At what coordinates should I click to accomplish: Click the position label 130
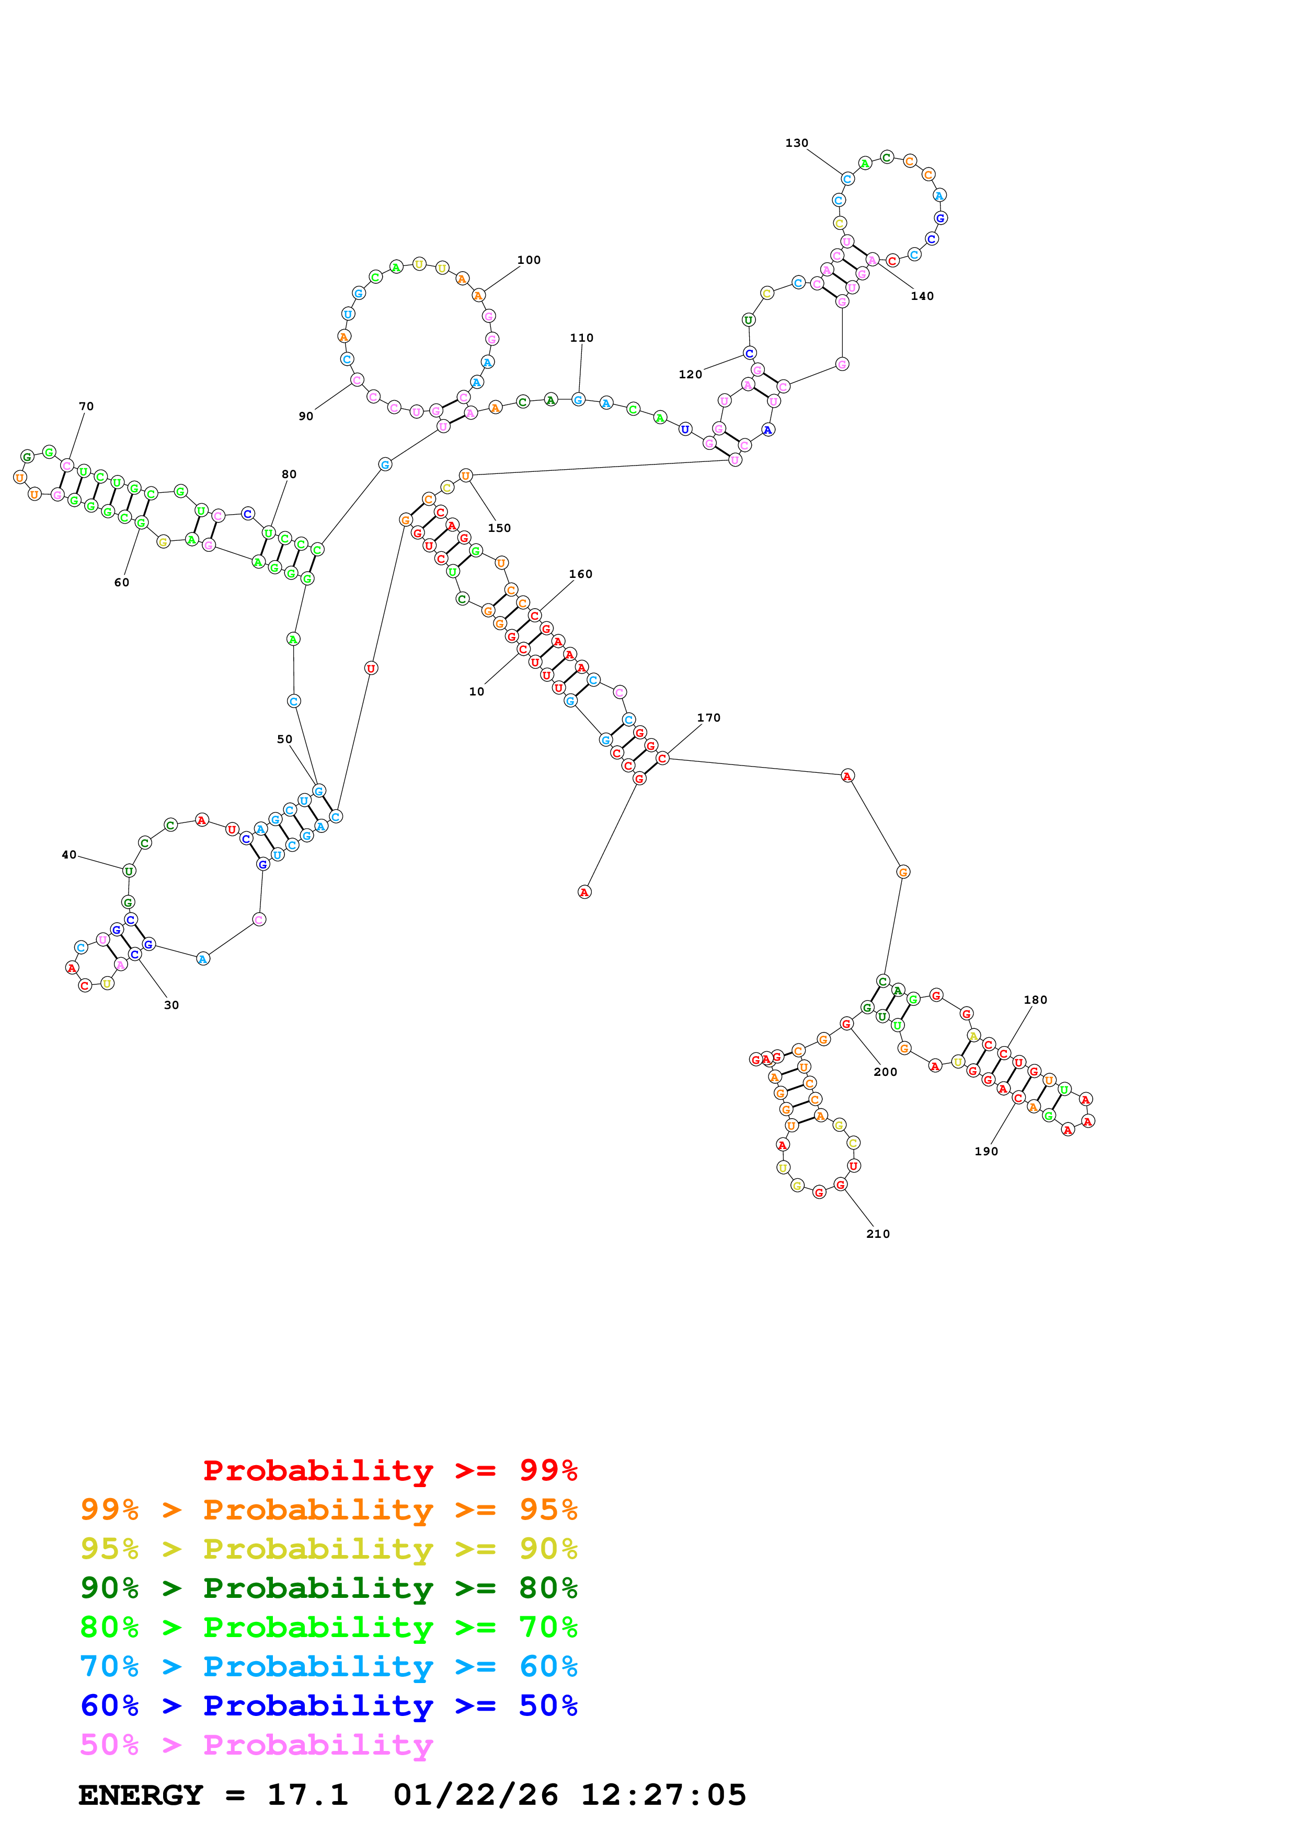[x=796, y=143]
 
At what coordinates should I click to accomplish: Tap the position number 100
[x=529, y=260]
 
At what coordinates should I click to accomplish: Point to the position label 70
[x=86, y=407]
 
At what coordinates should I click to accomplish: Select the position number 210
[x=878, y=1234]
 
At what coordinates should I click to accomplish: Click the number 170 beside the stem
[x=708, y=718]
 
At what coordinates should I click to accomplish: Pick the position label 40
[x=70, y=855]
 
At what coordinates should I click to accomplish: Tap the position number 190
[x=986, y=1151]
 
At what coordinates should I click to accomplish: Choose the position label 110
[x=581, y=338]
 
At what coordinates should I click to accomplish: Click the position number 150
[x=499, y=528]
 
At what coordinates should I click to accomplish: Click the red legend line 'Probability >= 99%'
[x=389, y=1470]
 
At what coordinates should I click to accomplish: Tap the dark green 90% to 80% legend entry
[x=328, y=1588]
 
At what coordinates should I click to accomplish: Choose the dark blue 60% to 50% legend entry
[x=328, y=1706]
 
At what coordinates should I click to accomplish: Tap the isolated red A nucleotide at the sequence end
[x=584, y=892]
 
